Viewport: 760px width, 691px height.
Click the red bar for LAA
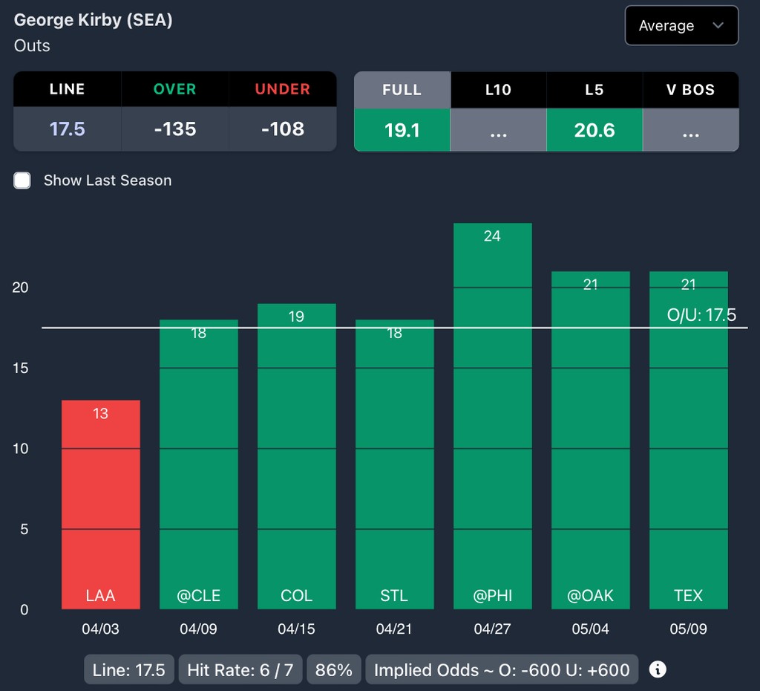[100, 505]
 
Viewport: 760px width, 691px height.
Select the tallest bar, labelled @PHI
[492, 416]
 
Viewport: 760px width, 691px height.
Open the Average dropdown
[681, 26]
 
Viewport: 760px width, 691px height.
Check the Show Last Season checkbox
[22, 181]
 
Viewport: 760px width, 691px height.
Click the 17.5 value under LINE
[68, 129]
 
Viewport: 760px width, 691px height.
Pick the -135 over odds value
[175, 129]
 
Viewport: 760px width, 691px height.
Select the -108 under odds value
[282, 129]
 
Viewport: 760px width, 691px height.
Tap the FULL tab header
[402, 90]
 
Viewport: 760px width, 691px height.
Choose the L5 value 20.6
[594, 130]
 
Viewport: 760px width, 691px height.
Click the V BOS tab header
[690, 90]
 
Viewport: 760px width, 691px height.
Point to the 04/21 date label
[394, 629]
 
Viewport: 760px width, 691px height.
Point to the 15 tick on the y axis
[20, 368]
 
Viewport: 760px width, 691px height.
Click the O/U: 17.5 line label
[701, 315]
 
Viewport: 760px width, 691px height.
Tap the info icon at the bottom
[658, 669]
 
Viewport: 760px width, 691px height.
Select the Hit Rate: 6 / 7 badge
[240, 670]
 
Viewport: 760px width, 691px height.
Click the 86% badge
[333, 670]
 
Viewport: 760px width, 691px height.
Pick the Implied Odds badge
[502, 670]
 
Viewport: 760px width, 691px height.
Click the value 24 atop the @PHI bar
[492, 236]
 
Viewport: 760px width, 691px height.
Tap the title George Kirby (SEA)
[94, 20]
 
